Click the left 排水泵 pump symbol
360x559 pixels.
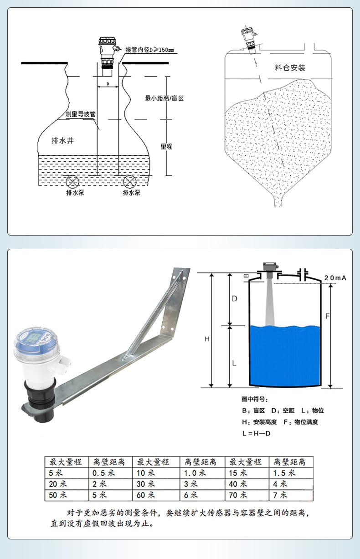click(x=72, y=182)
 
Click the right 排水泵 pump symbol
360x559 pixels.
click(x=129, y=182)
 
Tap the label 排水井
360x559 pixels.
click(x=63, y=141)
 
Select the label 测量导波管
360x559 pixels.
click(x=80, y=114)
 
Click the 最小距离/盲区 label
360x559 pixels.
click(x=165, y=98)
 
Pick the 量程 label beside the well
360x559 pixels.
click(x=166, y=146)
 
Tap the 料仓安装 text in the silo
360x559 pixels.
click(x=290, y=67)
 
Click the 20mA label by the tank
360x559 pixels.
click(x=335, y=278)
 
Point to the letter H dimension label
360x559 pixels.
click(x=207, y=338)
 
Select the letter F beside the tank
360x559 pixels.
click(x=328, y=316)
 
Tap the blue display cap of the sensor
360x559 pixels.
click(x=37, y=339)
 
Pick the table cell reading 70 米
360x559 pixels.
click(x=247, y=495)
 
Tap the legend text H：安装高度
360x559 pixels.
click(x=259, y=422)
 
